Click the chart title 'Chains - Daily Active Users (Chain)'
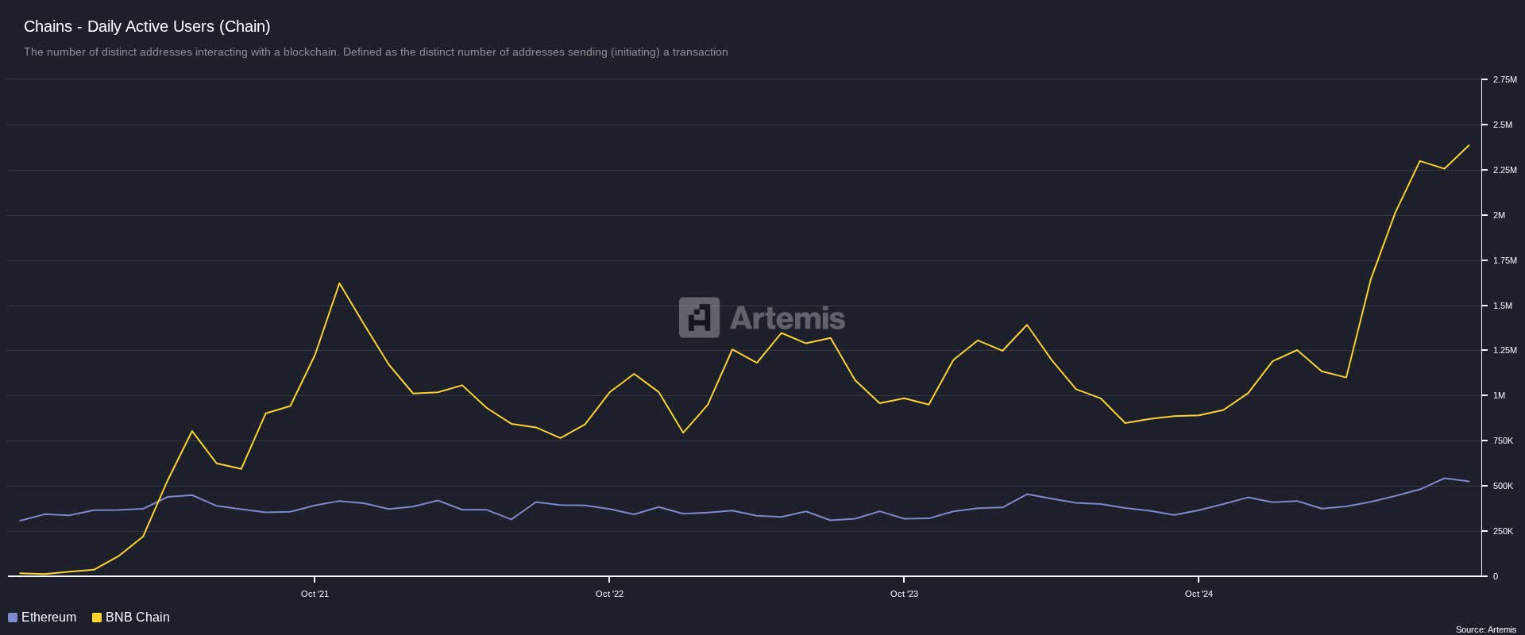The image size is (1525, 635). pyautogui.click(x=147, y=26)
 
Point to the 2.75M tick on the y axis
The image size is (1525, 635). pyautogui.click(x=1504, y=79)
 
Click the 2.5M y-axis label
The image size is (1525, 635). pyautogui.click(x=1502, y=125)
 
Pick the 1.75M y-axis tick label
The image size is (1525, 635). pyautogui.click(x=1504, y=260)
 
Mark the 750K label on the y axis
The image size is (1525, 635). pyautogui.click(x=1503, y=441)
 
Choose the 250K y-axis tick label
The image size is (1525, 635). pyautogui.click(x=1503, y=531)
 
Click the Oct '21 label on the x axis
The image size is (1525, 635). pyautogui.click(x=315, y=594)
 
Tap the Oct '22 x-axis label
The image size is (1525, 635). pyautogui.click(x=609, y=594)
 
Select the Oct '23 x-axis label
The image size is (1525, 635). pyautogui.click(x=904, y=594)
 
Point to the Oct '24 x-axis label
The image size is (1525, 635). pyautogui.click(x=1199, y=594)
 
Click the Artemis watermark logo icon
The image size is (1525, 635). pyautogui.click(x=699, y=317)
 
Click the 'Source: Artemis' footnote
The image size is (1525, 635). pyautogui.click(x=1485, y=629)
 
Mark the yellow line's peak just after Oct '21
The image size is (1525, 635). pyautogui.click(x=339, y=283)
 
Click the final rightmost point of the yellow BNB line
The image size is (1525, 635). pyautogui.click(x=1469, y=145)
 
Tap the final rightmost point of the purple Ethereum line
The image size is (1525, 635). pyautogui.click(x=1469, y=481)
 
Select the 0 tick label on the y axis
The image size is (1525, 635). pyautogui.click(x=1495, y=576)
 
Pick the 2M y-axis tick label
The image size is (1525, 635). pyautogui.click(x=1499, y=215)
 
